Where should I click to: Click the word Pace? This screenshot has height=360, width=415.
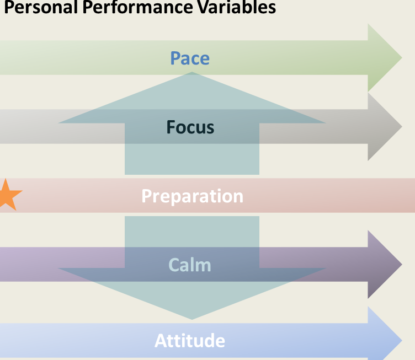190,58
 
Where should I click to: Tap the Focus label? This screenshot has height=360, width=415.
190,127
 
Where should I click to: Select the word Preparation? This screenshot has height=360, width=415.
193,196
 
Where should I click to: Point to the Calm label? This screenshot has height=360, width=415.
190,265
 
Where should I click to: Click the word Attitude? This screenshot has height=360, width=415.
190,341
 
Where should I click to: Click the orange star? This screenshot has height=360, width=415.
9,195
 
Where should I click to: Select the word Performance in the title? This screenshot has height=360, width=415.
137,7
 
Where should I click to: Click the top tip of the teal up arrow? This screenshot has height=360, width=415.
192,72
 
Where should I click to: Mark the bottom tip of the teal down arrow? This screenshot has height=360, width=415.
192,320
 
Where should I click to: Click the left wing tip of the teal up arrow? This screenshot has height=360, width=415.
58,123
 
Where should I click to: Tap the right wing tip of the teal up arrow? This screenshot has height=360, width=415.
326,123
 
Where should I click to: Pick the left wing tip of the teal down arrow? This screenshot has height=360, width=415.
58,268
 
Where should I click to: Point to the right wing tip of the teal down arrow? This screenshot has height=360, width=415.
326,268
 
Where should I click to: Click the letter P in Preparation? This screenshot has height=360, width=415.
147,196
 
